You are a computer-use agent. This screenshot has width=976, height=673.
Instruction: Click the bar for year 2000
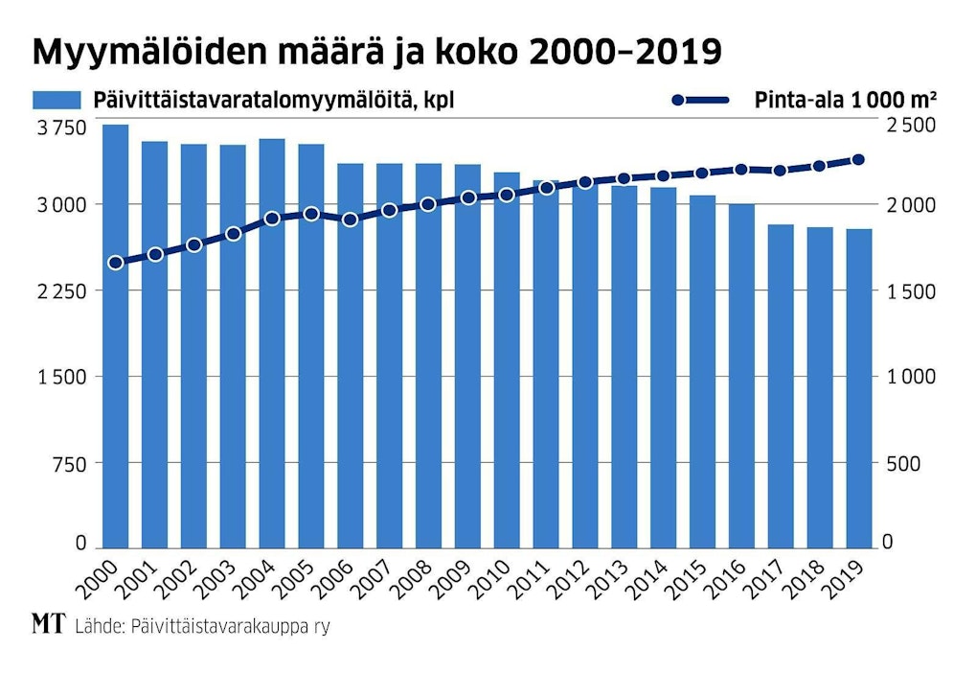[x=116, y=336]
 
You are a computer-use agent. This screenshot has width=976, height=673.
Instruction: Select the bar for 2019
[x=858, y=388]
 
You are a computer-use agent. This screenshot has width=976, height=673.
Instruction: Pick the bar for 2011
[x=546, y=363]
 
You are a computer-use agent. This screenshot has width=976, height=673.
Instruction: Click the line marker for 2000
[x=116, y=263]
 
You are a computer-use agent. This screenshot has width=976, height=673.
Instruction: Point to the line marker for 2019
[x=858, y=160]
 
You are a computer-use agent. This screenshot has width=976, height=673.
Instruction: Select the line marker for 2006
[x=351, y=220]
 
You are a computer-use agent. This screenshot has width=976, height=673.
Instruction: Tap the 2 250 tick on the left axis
[x=59, y=291]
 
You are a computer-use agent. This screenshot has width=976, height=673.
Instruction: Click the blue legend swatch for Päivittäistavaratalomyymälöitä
[x=58, y=101]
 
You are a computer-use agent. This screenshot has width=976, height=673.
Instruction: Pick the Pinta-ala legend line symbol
[x=700, y=101]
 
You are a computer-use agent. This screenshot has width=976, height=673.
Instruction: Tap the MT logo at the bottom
[x=47, y=625]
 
